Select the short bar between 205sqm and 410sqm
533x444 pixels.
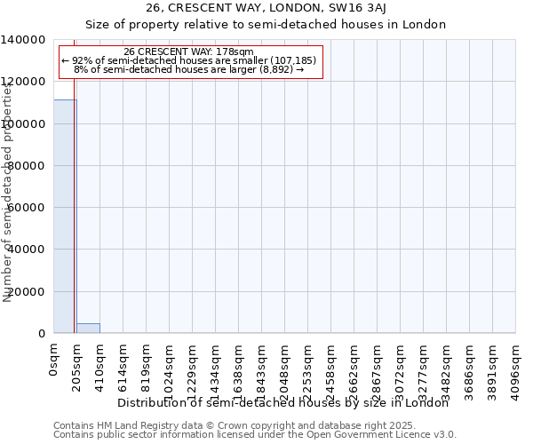click(88, 329)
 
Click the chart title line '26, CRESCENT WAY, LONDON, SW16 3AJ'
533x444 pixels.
click(266, 9)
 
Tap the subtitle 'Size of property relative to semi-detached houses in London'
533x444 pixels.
click(266, 24)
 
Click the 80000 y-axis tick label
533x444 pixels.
click(27, 166)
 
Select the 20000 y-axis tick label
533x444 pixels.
click(27, 292)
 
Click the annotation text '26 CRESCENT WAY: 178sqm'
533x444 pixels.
click(189, 52)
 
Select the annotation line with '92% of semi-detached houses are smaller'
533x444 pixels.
click(189, 60)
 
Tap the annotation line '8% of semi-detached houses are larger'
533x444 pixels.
click(189, 69)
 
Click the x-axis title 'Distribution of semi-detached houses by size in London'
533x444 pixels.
click(283, 403)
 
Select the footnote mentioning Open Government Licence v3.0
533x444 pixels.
click(255, 435)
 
